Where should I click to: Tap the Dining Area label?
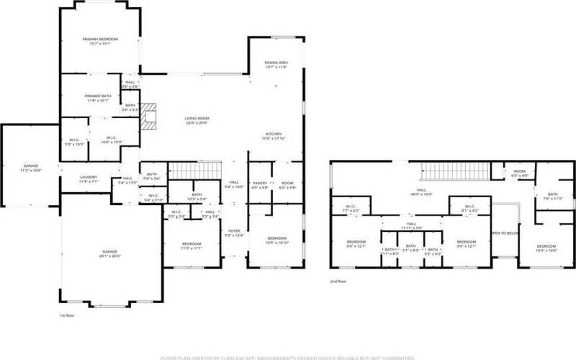pyautogui.click(x=276, y=65)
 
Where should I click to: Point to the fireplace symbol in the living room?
pyautogui.click(x=148, y=116)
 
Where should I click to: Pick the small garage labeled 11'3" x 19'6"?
pyautogui.click(x=31, y=168)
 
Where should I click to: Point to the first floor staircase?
pyautogui.click(x=193, y=171)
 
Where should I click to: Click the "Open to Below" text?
pyautogui.click(x=504, y=233)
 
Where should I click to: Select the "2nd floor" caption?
pyautogui.click(x=338, y=282)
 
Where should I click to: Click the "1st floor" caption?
pyautogui.click(x=67, y=315)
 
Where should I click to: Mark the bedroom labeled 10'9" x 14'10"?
pyautogui.click(x=277, y=240)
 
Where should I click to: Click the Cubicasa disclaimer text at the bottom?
pyautogui.click(x=288, y=356)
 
